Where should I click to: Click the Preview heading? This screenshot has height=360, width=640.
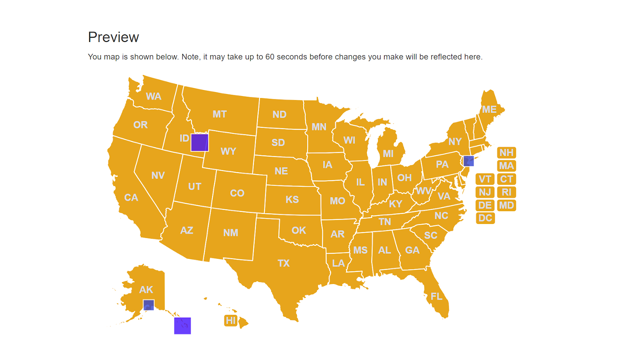(x=113, y=37)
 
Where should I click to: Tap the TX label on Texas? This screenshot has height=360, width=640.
(x=284, y=263)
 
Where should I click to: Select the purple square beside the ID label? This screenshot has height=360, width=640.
(x=200, y=142)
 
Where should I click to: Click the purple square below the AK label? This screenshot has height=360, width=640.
(x=148, y=305)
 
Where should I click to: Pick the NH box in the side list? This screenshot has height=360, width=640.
(x=506, y=153)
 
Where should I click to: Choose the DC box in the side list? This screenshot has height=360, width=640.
(x=485, y=218)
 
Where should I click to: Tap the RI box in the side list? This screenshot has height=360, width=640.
(x=506, y=192)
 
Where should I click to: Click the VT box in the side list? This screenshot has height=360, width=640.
(x=485, y=179)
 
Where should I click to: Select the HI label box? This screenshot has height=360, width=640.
(x=231, y=320)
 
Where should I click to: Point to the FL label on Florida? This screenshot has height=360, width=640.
(x=436, y=296)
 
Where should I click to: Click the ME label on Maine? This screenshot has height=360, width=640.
(x=489, y=109)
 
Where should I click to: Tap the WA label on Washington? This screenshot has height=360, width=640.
(x=154, y=96)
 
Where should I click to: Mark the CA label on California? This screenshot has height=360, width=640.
(x=131, y=198)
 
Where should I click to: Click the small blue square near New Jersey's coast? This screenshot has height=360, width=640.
(x=468, y=161)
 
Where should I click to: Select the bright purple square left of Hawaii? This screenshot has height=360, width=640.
(x=182, y=326)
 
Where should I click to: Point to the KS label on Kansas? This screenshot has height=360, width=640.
(x=292, y=200)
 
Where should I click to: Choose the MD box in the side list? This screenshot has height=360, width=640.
(x=506, y=205)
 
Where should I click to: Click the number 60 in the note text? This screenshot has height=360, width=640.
(x=270, y=57)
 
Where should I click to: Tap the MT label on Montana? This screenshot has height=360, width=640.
(x=220, y=114)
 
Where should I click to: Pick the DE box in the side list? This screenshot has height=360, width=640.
(x=485, y=205)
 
